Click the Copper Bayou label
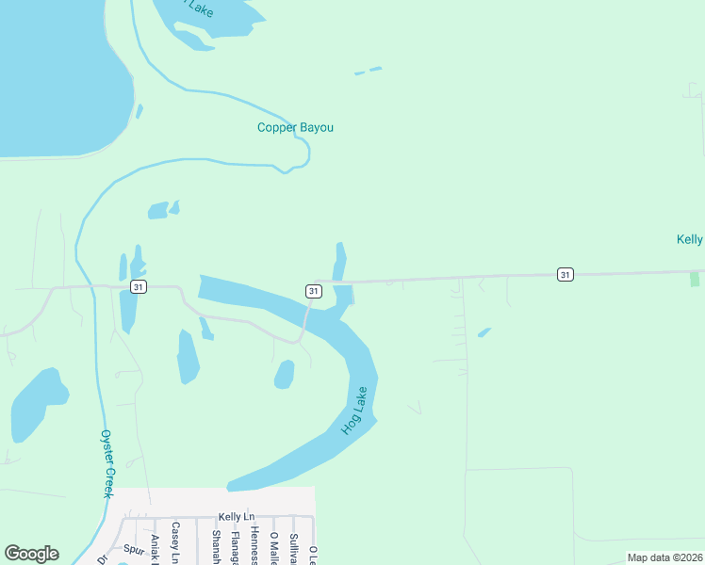pos(295,128)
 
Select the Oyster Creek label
pos(107,464)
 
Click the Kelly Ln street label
pos(237,517)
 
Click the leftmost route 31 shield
pos(139,286)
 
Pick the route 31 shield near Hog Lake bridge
pos(312,291)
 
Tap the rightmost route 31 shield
pos(564,274)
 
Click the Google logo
pos(31,554)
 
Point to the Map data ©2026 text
pos(664,557)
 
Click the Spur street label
pos(134,547)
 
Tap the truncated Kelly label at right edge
pos(690,239)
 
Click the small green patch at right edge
pos(695,280)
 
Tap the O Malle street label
pos(274,547)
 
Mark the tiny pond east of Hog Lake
pos(484,332)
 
